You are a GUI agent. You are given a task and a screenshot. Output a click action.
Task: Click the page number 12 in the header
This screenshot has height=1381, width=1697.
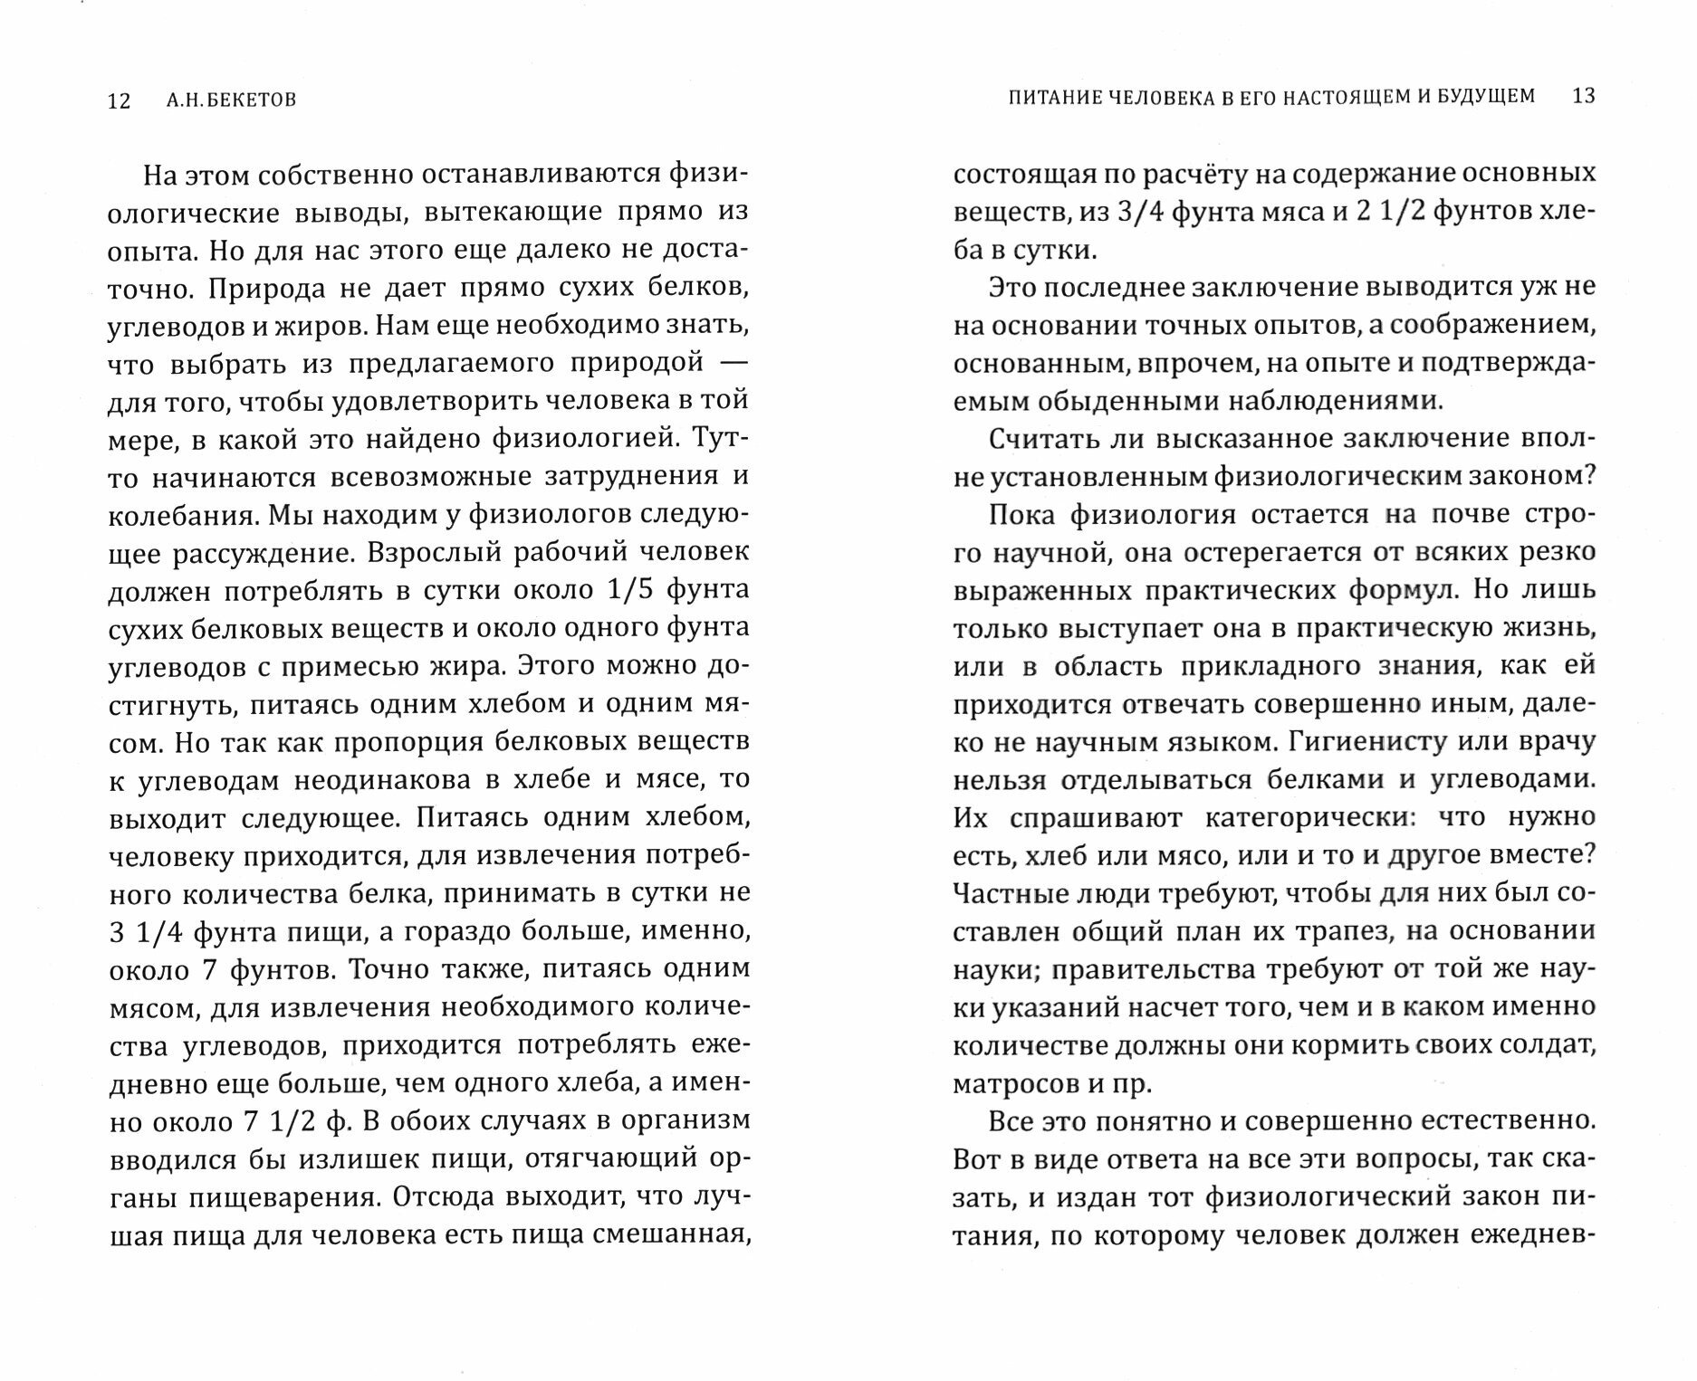point(120,100)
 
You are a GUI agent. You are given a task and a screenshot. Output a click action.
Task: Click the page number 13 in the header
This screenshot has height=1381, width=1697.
point(1584,95)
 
